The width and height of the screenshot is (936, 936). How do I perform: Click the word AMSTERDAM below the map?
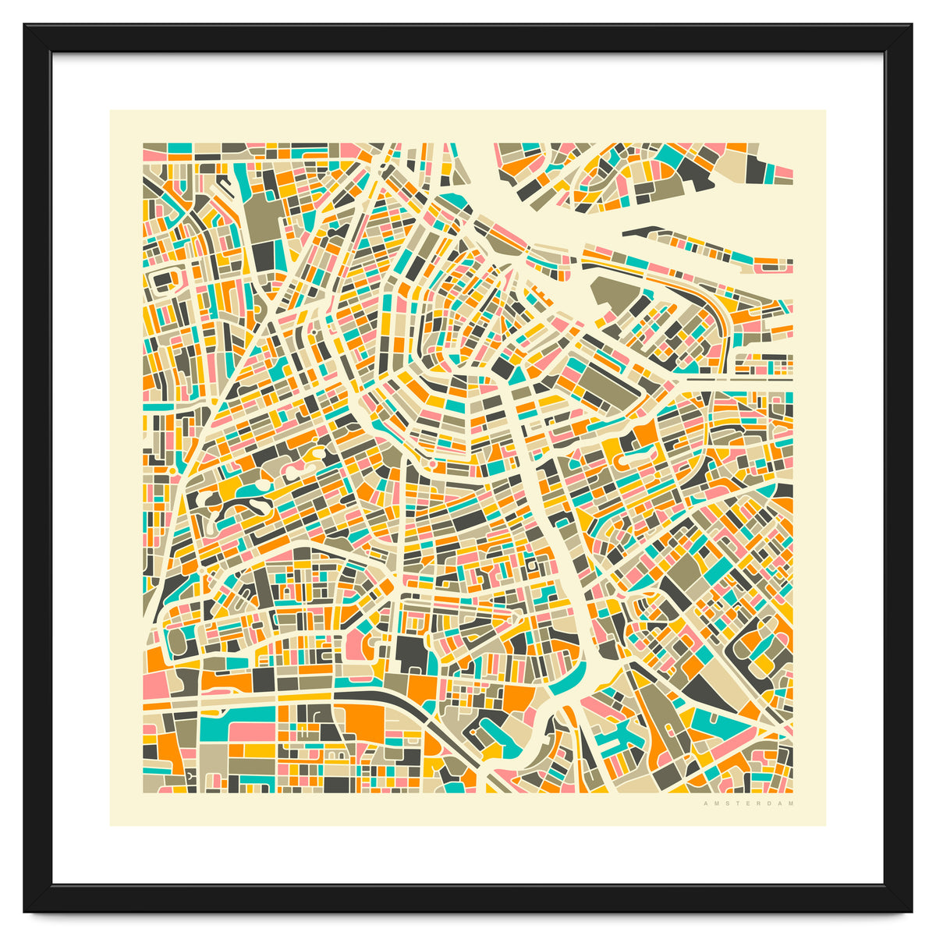tap(748, 803)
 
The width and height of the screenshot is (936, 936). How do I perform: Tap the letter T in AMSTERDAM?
tap(737, 803)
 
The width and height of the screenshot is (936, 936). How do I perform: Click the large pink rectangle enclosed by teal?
tap(251, 732)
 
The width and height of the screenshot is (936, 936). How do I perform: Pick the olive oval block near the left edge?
tap(177, 641)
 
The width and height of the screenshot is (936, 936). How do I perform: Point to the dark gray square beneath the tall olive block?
tap(263, 254)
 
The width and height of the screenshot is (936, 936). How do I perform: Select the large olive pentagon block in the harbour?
tap(615, 292)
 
